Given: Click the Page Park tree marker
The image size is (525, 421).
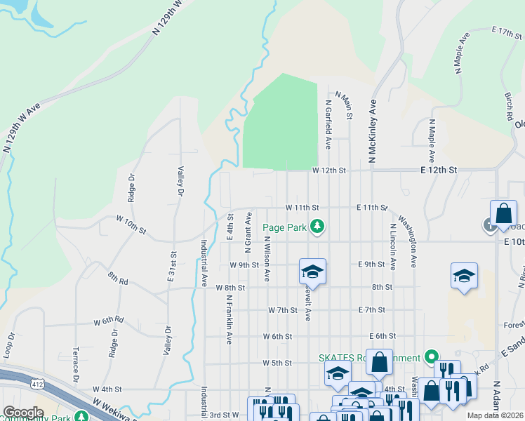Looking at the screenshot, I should [x=317, y=226].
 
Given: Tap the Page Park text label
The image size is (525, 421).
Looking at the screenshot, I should [x=284, y=227].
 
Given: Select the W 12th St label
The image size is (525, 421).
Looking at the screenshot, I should [x=329, y=171].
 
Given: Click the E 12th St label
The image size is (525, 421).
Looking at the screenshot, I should [x=439, y=171].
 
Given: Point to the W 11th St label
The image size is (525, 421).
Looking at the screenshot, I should [x=302, y=208].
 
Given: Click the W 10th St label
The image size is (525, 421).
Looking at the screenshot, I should [x=131, y=225].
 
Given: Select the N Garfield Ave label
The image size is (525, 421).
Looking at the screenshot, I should [x=328, y=123].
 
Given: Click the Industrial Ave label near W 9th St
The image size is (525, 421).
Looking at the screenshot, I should [x=204, y=264].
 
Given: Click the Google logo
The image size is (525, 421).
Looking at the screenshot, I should [x=23, y=413].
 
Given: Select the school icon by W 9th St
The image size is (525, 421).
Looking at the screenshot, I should [x=313, y=271].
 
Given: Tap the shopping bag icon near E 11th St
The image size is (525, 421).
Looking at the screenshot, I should [x=504, y=213].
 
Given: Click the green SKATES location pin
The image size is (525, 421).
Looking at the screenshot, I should [x=433, y=357].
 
